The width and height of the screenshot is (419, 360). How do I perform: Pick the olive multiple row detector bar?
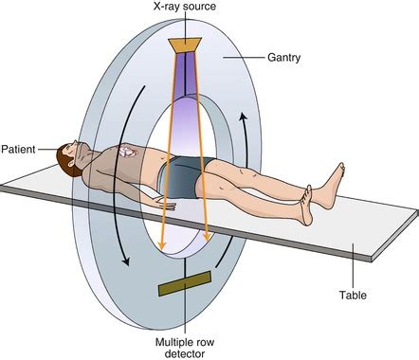(186, 284)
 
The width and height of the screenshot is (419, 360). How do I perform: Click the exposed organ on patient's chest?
(128, 152)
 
